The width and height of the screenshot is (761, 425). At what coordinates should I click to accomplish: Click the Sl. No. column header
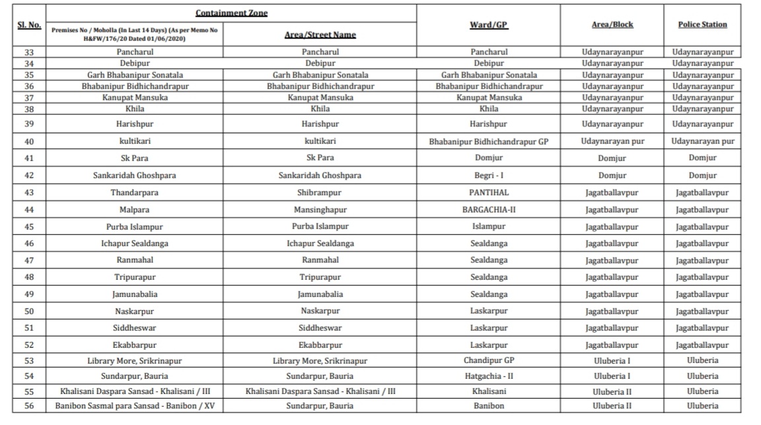pyautogui.click(x=28, y=24)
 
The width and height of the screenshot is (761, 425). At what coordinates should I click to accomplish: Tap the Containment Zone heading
pyautogui.click(x=231, y=13)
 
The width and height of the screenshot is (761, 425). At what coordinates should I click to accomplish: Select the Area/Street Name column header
pyautogui.click(x=320, y=34)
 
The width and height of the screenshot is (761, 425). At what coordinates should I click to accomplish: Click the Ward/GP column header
pyautogui.click(x=488, y=24)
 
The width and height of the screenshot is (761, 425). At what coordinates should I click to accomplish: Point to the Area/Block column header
pyautogui.click(x=612, y=24)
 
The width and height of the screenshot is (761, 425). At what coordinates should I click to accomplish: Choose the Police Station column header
pyautogui.click(x=702, y=24)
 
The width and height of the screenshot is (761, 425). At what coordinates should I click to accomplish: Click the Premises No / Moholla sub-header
pyautogui.click(x=135, y=34)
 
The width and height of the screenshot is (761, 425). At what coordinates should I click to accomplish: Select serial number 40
pyautogui.click(x=28, y=141)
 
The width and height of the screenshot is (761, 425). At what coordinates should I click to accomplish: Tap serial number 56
pyautogui.click(x=28, y=406)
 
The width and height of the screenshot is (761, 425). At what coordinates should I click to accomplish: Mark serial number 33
pyautogui.click(x=28, y=51)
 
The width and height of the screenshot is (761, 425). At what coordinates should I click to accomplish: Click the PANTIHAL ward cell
pyautogui.click(x=489, y=193)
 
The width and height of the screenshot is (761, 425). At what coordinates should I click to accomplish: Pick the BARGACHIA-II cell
pyautogui.click(x=489, y=210)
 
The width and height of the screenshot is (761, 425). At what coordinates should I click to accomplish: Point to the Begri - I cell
pyautogui.click(x=489, y=176)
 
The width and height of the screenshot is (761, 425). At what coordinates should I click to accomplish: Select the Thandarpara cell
pyautogui.click(x=135, y=193)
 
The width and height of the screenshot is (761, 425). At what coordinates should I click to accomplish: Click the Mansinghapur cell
pyautogui.click(x=320, y=210)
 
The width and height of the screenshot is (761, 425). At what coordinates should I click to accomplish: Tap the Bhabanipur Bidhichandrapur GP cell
pyautogui.click(x=489, y=141)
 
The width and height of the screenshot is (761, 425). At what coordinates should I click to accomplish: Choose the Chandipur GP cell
pyautogui.click(x=489, y=361)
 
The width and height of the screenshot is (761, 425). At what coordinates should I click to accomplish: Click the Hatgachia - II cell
pyautogui.click(x=489, y=376)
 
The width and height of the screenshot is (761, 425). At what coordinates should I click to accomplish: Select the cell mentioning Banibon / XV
pyautogui.click(x=135, y=406)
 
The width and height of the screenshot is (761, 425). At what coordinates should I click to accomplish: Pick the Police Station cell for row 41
pyautogui.click(x=702, y=158)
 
